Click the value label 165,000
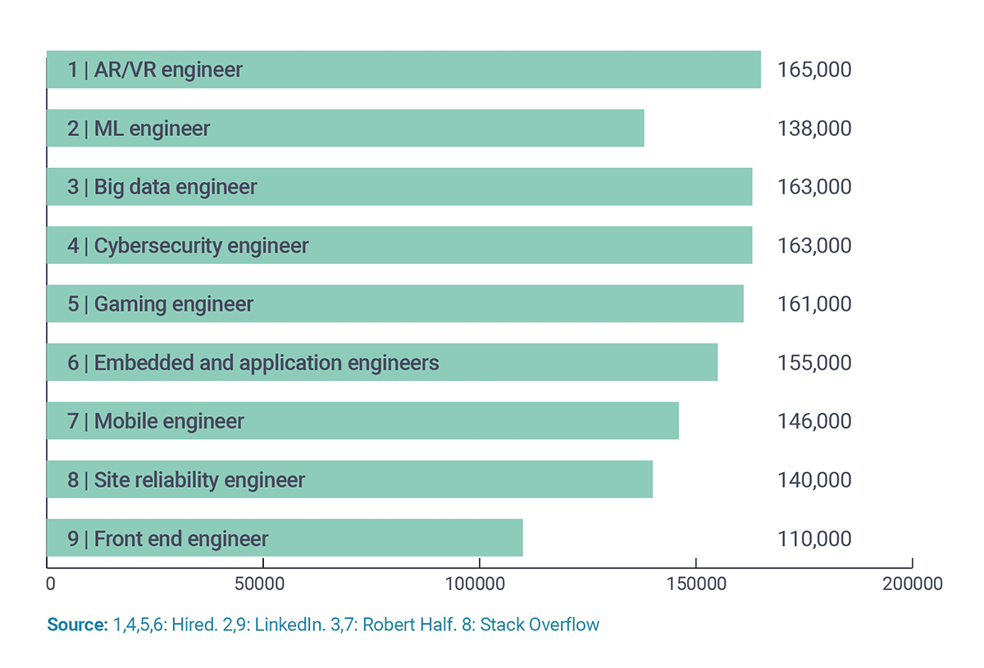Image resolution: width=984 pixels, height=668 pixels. tap(813, 70)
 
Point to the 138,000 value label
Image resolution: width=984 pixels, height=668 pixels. tap(813, 129)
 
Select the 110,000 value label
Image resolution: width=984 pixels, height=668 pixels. tap(813, 538)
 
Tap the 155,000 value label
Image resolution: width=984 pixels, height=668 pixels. tap(813, 362)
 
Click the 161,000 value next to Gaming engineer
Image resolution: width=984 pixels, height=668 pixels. tap(813, 304)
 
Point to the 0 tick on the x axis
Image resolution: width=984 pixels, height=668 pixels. tap(51, 584)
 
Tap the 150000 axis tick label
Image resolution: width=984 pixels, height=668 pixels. tap(695, 584)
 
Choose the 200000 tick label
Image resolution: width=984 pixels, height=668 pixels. tap(912, 584)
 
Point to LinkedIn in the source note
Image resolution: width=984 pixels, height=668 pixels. tap(287, 625)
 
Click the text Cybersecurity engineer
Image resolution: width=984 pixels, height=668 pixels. tap(201, 246)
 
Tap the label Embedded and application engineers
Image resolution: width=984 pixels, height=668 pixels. tap(266, 362)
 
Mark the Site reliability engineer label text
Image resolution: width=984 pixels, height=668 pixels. tap(199, 480)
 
